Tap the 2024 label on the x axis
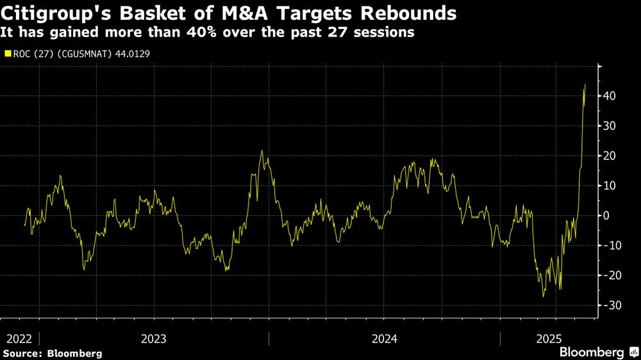[385, 339]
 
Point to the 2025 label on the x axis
[550, 339]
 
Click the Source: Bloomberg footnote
[52, 353]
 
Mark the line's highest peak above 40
[585, 85]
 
